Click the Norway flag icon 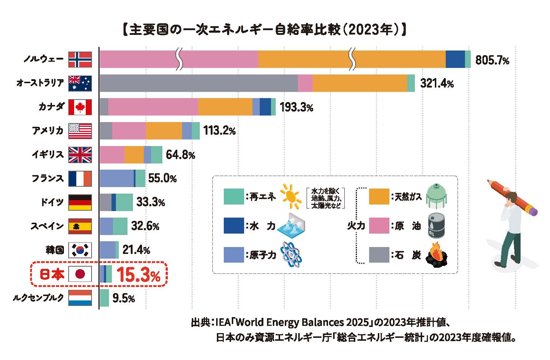click(80, 60)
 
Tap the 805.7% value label click(492, 60)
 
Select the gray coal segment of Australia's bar click(198, 83)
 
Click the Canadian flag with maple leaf click(80, 107)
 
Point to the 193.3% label click(296, 108)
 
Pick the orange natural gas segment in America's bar click(164, 131)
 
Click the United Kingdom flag click(80, 155)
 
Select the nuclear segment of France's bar click(116, 178)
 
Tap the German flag click(80, 202)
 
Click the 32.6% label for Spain click(145, 226)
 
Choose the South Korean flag click(80, 250)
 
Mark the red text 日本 click(52, 275)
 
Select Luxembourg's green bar click(104, 298)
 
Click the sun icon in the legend click(291, 196)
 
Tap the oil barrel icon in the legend click(436, 226)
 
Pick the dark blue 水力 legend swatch click(234, 226)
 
